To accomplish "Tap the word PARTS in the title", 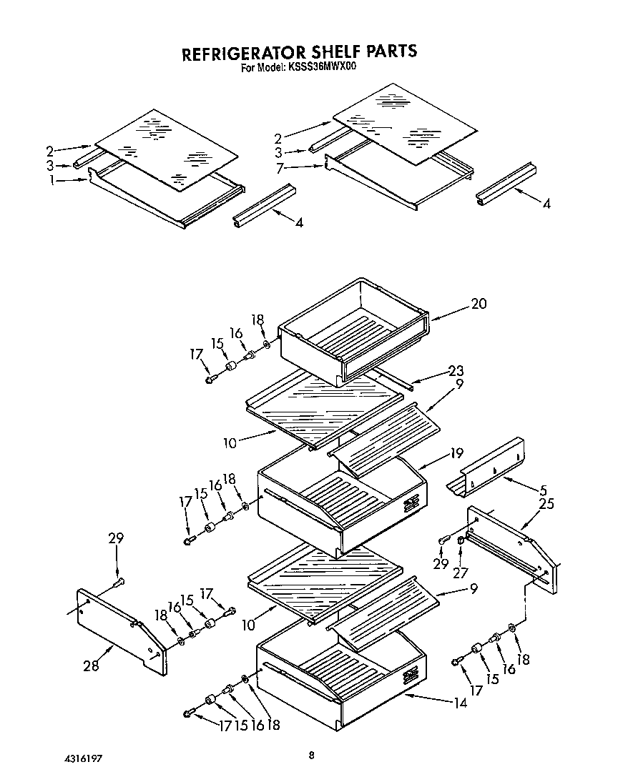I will (x=387, y=52).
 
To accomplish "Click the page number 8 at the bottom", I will (x=310, y=755).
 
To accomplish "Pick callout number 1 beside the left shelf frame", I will (x=51, y=180).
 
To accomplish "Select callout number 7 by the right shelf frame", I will (x=281, y=168).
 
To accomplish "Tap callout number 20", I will (x=478, y=304).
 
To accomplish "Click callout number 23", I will (x=456, y=371).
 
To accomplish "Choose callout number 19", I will (x=456, y=452).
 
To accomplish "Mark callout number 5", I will (x=543, y=491).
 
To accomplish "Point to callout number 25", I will (x=547, y=505).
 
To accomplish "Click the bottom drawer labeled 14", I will (x=336, y=679).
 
